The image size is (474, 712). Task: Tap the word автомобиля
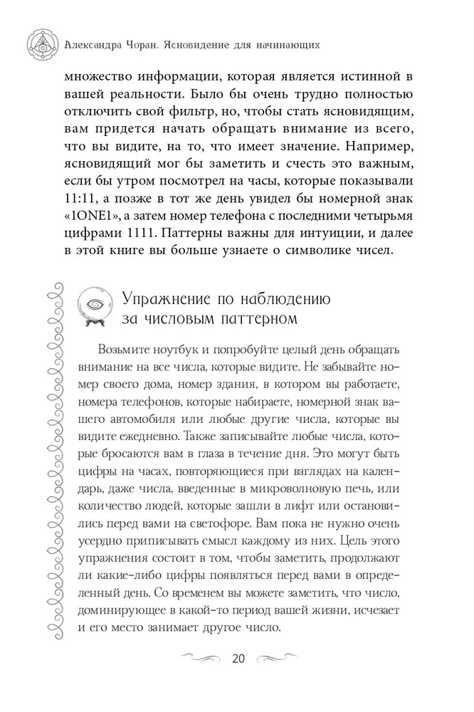[x=125, y=413]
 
